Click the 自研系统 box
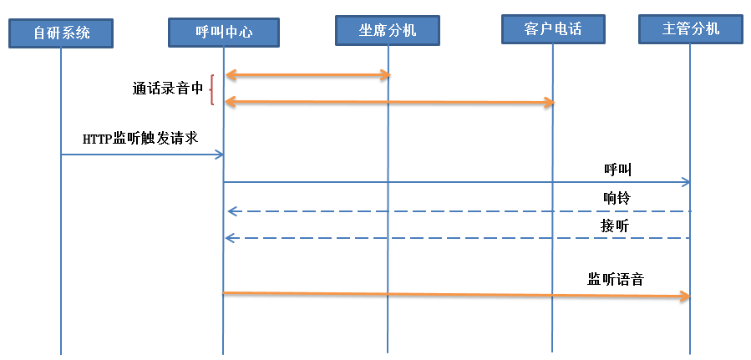(61, 33)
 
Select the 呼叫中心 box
(223, 33)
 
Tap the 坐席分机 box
(388, 30)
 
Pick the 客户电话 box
(553, 29)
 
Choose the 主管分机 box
(690, 29)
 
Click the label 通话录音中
(167, 89)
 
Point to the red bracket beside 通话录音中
(212, 90)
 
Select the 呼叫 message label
(617, 169)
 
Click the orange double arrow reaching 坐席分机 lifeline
(307, 76)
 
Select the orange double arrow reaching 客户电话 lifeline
(389, 102)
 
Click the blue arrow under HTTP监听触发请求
(142, 155)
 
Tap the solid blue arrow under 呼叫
(455, 181)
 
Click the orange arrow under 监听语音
(455, 294)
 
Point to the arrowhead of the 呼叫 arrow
(686, 181)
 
